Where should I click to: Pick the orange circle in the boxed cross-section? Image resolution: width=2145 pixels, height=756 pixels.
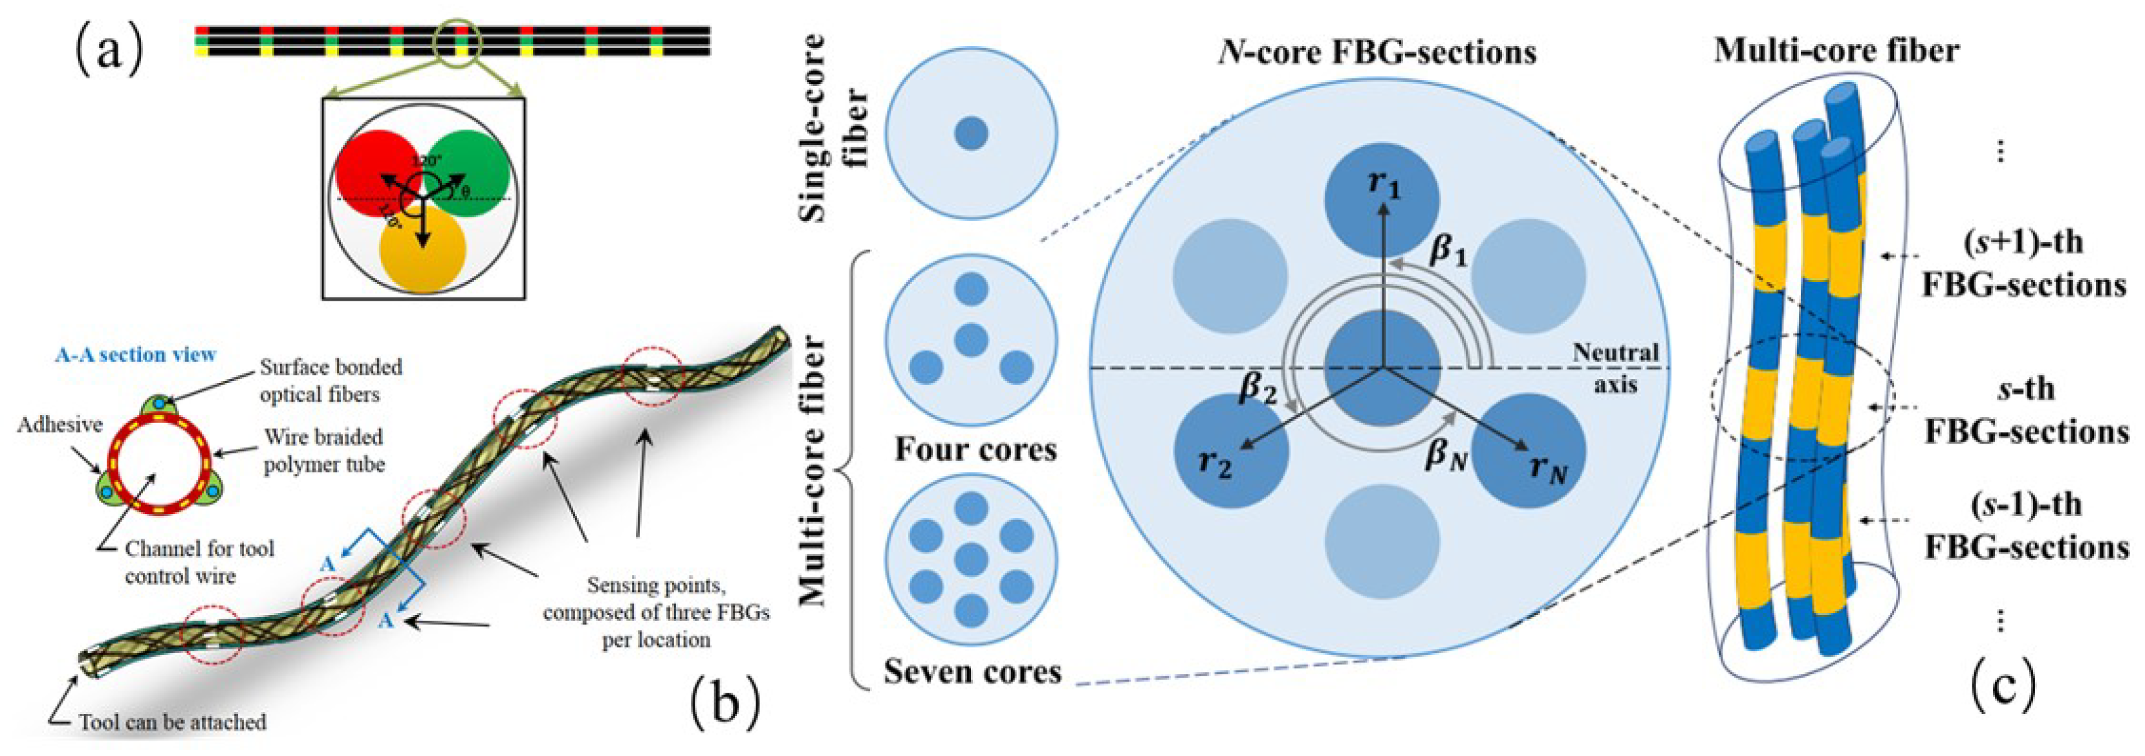point(422,250)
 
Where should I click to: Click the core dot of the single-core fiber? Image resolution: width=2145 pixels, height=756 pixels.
point(971,133)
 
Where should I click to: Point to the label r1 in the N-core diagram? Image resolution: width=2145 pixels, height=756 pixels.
point(1384,184)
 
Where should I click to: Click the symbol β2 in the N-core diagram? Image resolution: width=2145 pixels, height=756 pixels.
point(1258,388)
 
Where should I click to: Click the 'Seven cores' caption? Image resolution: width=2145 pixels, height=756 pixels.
point(973,671)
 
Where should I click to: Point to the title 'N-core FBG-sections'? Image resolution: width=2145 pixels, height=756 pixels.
point(1377,52)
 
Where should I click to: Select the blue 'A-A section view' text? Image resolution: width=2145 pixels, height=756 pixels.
point(135,354)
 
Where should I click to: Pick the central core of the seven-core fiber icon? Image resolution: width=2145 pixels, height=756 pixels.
point(971,559)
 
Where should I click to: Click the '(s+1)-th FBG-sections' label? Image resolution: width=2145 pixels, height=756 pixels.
point(2023,263)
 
